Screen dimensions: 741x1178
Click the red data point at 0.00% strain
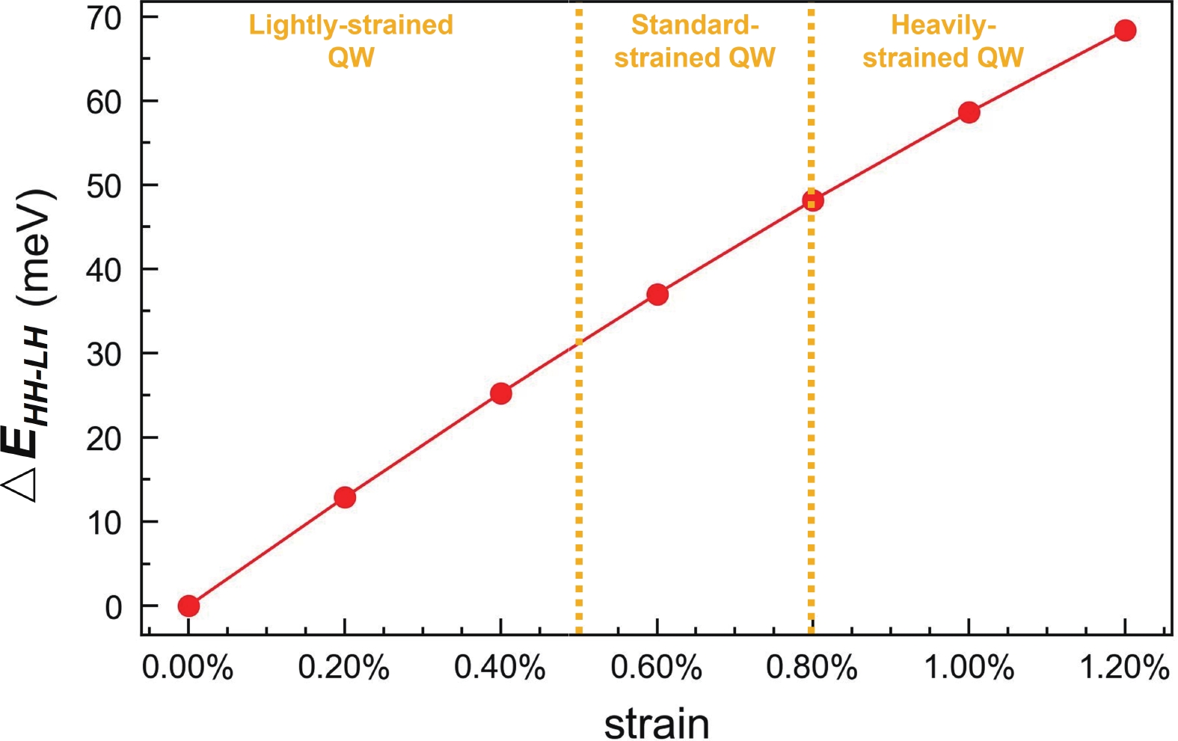[188, 606]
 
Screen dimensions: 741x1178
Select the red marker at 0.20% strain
[345, 497]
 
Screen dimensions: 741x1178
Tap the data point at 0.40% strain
[501, 393]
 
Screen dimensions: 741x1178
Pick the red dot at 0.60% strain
[657, 295]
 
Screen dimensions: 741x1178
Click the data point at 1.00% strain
[969, 113]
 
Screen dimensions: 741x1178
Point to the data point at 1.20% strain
[1125, 31]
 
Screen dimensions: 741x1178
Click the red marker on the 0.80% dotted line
[813, 200]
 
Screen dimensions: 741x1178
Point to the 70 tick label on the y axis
[104, 19]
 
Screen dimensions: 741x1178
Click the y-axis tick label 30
[104, 354]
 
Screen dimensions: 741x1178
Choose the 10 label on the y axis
[104, 523]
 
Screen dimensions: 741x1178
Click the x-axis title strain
[656, 723]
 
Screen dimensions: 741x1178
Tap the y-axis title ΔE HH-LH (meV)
[30, 344]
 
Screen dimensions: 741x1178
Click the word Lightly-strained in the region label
[351, 25]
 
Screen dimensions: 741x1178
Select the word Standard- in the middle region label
[695, 25]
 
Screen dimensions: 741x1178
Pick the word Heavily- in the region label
[943, 25]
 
